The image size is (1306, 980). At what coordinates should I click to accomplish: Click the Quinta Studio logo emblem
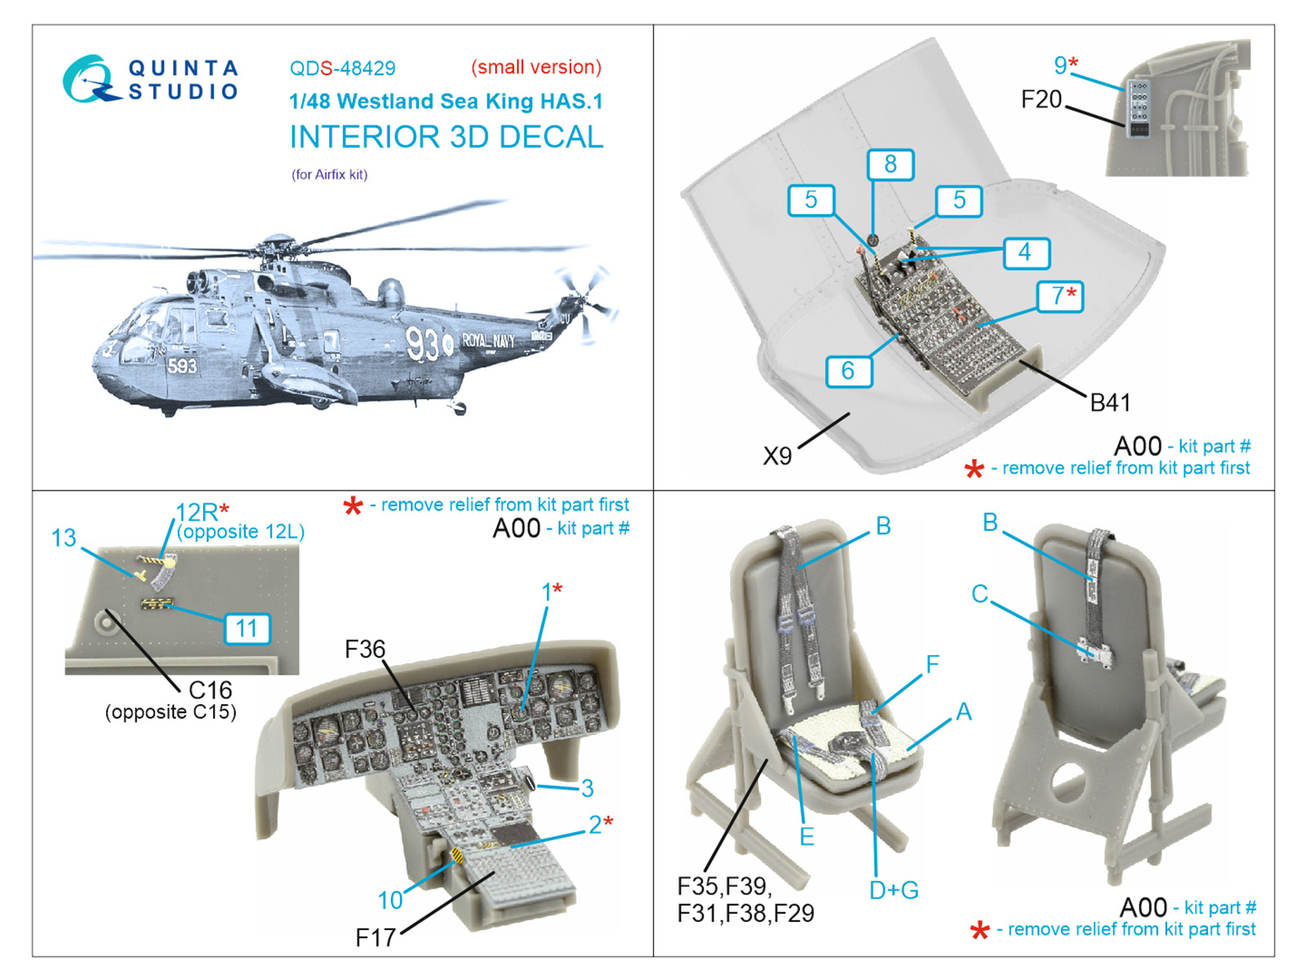tap(88, 79)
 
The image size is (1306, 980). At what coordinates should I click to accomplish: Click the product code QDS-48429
tap(342, 69)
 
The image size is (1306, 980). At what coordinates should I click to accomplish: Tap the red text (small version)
tap(535, 67)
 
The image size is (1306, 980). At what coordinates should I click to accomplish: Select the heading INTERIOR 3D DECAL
tap(446, 137)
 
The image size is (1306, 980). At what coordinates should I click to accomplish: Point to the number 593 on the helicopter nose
tap(182, 366)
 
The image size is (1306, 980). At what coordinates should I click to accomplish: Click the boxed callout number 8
tap(890, 164)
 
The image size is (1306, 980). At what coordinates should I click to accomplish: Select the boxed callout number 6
tap(848, 371)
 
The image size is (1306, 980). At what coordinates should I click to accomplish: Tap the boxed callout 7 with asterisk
tap(1060, 296)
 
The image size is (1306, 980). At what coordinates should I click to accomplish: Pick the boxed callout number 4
tap(1025, 252)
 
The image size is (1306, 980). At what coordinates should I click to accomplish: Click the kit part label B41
tap(1110, 403)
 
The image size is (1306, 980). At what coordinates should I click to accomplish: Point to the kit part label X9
tap(777, 456)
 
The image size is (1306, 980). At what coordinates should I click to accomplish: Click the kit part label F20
tap(1042, 100)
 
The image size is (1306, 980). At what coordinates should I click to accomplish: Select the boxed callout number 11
tap(247, 628)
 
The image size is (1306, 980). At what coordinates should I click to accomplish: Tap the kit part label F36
tap(364, 649)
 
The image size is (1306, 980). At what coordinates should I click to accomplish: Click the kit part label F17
tap(375, 938)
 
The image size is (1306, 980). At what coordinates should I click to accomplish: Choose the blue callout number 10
tap(390, 900)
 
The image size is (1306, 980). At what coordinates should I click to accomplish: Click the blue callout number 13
tap(64, 538)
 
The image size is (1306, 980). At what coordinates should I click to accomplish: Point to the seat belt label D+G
tap(894, 890)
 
